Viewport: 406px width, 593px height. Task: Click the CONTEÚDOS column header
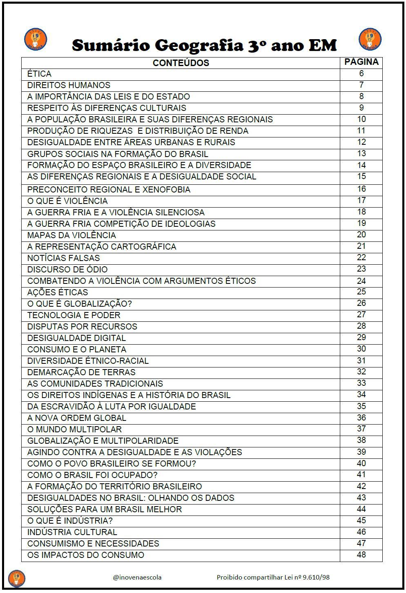(181, 63)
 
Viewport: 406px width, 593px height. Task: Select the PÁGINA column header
(361, 62)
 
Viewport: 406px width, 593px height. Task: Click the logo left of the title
(36, 40)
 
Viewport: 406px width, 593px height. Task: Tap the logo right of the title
(370, 40)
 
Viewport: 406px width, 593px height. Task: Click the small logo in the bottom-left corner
(17, 578)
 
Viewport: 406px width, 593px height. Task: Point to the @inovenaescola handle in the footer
(137, 577)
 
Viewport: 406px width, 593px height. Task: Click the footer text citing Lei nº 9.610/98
(273, 577)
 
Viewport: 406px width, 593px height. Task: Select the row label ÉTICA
(39, 74)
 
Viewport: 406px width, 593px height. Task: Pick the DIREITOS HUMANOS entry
(69, 85)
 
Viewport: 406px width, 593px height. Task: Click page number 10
(361, 119)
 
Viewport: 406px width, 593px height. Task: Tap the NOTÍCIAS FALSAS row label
(63, 258)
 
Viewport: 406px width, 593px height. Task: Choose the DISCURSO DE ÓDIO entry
(67, 270)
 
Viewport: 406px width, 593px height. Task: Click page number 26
(361, 303)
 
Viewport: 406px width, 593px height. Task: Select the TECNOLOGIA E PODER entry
(74, 315)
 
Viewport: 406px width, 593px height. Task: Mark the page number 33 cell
(361, 383)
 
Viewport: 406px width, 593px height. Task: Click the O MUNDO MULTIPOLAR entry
(74, 429)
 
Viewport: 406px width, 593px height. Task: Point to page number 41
(361, 474)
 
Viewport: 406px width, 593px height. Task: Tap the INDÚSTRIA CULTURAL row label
(72, 532)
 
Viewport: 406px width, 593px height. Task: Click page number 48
(361, 555)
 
